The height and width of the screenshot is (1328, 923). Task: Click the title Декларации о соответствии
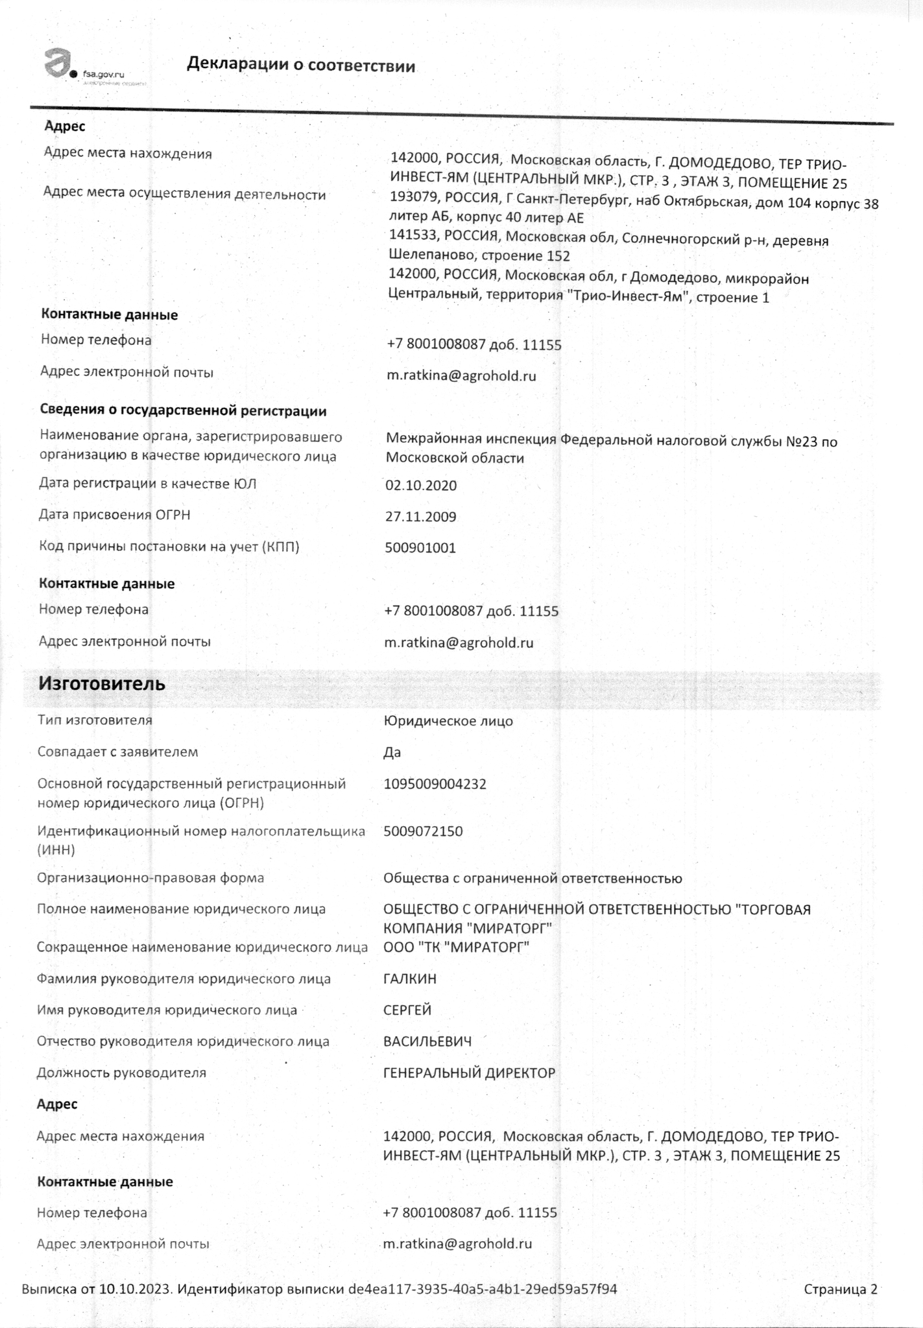pyautogui.click(x=301, y=65)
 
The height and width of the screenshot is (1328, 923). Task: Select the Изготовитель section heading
pyautogui.click(x=102, y=683)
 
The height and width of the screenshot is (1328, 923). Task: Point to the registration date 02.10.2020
pyautogui.click(x=421, y=486)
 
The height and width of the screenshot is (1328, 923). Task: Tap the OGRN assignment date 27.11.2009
pyautogui.click(x=420, y=517)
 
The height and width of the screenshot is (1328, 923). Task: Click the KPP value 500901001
pyautogui.click(x=420, y=548)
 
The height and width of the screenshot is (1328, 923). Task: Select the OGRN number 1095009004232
pyautogui.click(x=435, y=784)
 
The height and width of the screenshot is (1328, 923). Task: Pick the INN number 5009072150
pyautogui.click(x=423, y=831)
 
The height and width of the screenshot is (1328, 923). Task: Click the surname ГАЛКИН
pyautogui.click(x=410, y=978)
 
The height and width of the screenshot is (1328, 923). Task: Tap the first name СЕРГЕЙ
pyautogui.click(x=407, y=1010)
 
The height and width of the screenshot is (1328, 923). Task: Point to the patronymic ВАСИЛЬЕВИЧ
pyautogui.click(x=427, y=1041)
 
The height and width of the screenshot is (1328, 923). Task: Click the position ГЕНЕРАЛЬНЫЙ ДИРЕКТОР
pyautogui.click(x=469, y=1073)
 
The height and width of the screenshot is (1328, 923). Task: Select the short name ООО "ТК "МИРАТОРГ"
pyautogui.click(x=456, y=947)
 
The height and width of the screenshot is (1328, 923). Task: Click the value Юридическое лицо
pyautogui.click(x=448, y=721)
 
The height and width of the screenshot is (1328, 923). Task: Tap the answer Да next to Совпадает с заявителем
pyautogui.click(x=392, y=752)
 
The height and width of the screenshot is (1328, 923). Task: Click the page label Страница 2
pyautogui.click(x=840, y=1288)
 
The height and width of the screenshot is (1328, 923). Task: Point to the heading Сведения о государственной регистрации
pyautogui.click(x=183, y=410)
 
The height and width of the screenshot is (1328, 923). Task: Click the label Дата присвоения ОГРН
pyautogui.click(x=114, y=515)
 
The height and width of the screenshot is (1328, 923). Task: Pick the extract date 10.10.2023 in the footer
pyautogui.click(x=136, y=1288)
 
